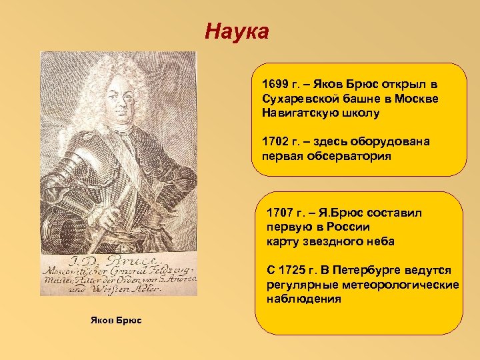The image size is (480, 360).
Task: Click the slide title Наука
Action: pyautogui.click(x=237, y=31)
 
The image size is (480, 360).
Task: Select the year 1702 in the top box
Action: pyautogui.click(x=273, y=141)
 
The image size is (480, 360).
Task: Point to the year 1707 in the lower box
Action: pyautogui.click(x=278, y=213)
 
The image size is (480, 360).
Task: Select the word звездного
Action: pyautogui.click(x=328, y=241)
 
